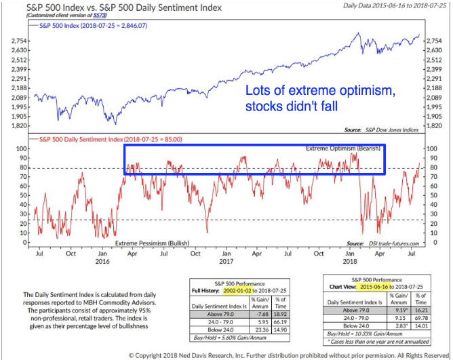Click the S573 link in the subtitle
point(100,16)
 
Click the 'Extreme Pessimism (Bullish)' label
point(151,242)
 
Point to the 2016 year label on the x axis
point(102,261)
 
